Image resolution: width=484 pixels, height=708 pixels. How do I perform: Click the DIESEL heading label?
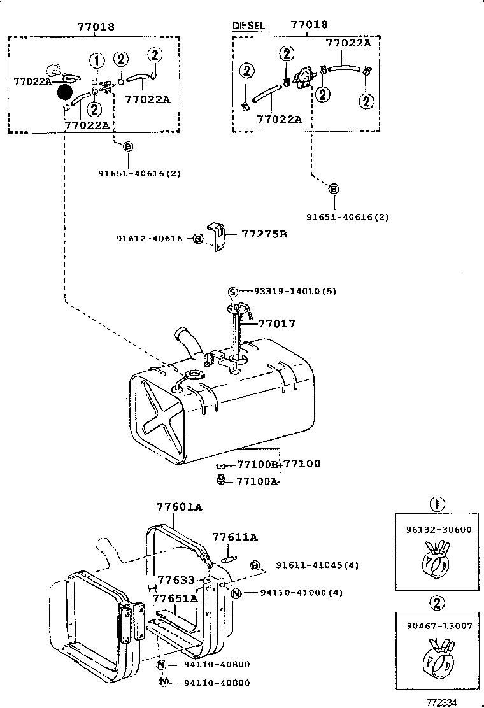tap(247, 26)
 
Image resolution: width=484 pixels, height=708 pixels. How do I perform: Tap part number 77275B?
tap(264, 234)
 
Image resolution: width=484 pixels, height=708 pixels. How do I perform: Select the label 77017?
tap(277, 323)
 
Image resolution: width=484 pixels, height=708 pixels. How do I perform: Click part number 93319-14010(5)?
tap(295, 291)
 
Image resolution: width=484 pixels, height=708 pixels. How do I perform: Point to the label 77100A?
tap(257, 481)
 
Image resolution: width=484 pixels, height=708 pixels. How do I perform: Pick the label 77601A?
tap(179, 507)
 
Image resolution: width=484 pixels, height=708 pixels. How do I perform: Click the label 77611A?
tap(234, 537)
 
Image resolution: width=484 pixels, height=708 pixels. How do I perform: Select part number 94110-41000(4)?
tap(301, 593)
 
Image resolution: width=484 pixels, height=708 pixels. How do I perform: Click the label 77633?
tap(176, 580)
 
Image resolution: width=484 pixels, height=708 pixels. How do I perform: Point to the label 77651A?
tap(174, 598)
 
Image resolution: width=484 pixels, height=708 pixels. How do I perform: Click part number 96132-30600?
tap(438, 529)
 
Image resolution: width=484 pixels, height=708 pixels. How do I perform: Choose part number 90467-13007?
tap(439, 627)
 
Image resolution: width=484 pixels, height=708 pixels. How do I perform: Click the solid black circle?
tap(65, 93)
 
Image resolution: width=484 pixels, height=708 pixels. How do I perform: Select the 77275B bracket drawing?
tap(218, 237)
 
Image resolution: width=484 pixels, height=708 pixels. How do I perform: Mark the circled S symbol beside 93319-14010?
tap(233, 292)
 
